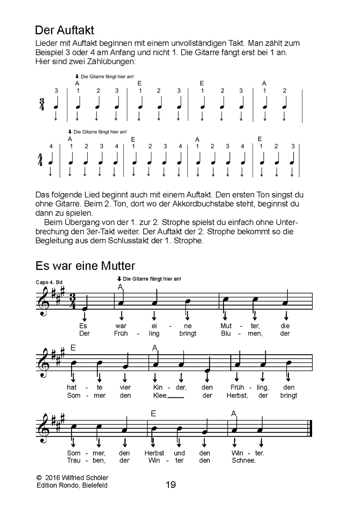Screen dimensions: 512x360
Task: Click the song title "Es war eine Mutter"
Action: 85,266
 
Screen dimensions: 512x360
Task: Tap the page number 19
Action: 171,485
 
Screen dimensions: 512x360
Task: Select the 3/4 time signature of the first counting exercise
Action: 42,104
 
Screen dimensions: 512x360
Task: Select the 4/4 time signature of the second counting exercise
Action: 40,159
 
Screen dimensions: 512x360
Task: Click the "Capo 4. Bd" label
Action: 49,282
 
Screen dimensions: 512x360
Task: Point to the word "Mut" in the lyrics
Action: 226,326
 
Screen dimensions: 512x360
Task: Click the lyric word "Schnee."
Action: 243,460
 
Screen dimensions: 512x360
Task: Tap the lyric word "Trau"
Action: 73,460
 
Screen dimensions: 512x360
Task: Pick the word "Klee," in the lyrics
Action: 160,395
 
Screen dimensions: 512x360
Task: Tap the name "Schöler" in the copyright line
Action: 97,478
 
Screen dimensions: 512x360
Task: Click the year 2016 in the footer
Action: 53,478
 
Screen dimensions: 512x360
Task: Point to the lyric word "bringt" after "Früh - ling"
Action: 188,334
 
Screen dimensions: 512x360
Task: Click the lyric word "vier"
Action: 125,387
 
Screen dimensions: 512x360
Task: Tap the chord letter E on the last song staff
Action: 153,414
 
